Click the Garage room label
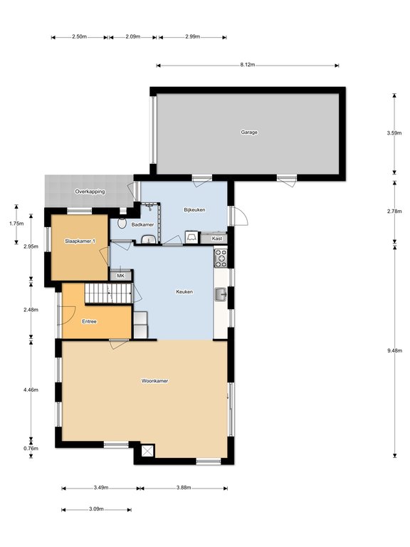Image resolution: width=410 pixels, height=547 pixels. pyautogui.click(x=249, y=132)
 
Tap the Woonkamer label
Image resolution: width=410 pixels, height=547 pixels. pyautogui.click(x=154, y=380)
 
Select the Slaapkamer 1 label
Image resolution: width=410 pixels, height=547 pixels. pyautogui.click(x=80, y=241)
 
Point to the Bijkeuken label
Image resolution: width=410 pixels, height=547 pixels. pyautogui.click(x=194, y=209)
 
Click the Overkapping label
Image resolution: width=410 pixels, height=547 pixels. pyautogui.click(x=90, y=192)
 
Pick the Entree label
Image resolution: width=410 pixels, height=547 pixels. pyautogui.click(x=89, y=321)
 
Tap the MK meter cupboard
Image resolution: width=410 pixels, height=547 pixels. pyautogui.click(x=120, y=276)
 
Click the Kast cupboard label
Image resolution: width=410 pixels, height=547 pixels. pyautogui.click(x=217, y=239)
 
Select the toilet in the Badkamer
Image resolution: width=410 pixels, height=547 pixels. pyautogui.click(x=122, y=223)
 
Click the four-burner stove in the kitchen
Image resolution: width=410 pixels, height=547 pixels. pyautogui.click(x=221, y=258)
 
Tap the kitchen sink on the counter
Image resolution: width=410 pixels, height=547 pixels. pyautogui.click(x=221, y=294)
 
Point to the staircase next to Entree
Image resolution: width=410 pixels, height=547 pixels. pyautogui.click(x=108, y=293)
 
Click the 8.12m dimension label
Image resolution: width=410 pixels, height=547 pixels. pyautogui.click(x=248, y=65)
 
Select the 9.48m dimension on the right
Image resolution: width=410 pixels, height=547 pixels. pyautogui.click(x=394, y=351)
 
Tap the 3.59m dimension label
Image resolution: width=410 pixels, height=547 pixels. pyautogui.click(x=394, y=132)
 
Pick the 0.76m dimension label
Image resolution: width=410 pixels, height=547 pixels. pyautogui.click(x=31, y=448)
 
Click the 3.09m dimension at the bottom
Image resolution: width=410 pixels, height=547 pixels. pyautogui.click(x=96, y=509)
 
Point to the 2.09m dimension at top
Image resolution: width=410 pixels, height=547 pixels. pyautogui.click(x=133, y=36)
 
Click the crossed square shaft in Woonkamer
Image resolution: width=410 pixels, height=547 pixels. pyautogui.click(x=148, y=450)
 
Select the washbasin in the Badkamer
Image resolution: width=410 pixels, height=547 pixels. pyautogui.click(x=149, y=239)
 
